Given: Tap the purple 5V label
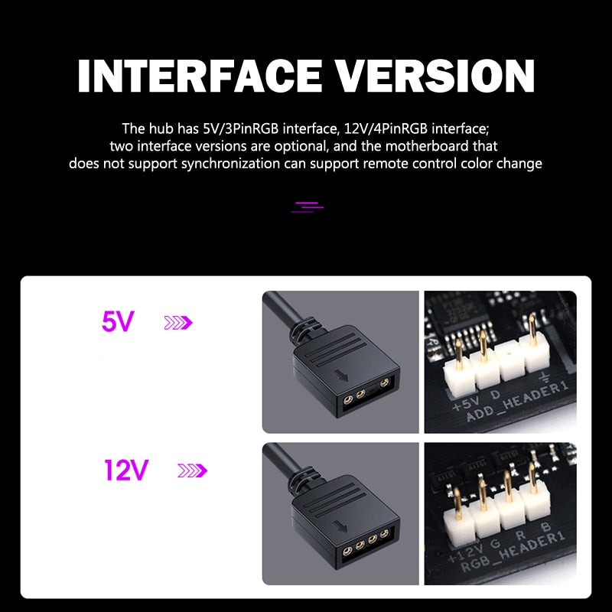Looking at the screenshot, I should tap(118, 322).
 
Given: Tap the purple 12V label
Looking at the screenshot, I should tap(126, 470).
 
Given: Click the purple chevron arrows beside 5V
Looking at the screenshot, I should tap(178, 323).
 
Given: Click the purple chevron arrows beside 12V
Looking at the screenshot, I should tap(192, 470).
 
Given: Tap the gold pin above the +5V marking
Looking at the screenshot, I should tap(458, 353).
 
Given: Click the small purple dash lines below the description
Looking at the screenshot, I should tap(308, 205).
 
